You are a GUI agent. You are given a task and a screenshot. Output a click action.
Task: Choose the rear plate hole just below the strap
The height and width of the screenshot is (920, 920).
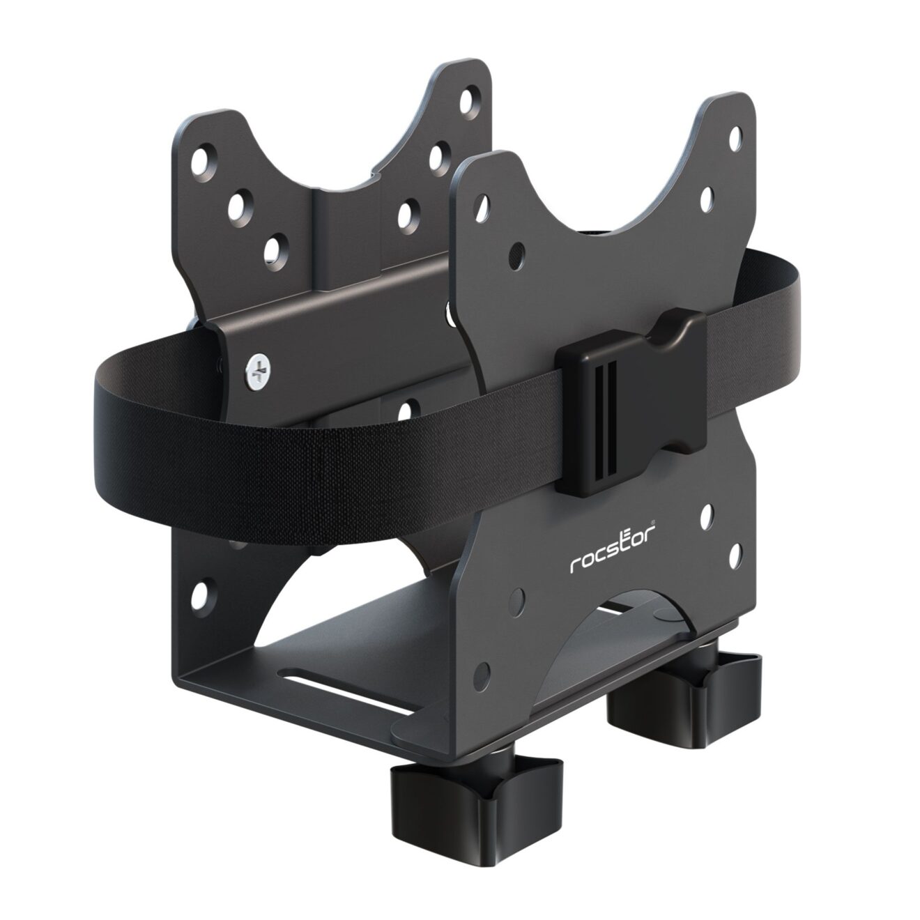(x=408, y=404)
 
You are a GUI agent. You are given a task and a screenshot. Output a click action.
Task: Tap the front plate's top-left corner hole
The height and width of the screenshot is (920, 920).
(x=482, y=202)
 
